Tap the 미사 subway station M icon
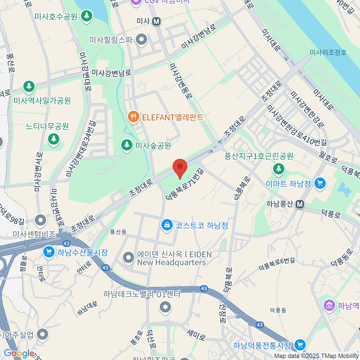156,21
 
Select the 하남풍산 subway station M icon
300,204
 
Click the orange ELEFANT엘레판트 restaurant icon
133,116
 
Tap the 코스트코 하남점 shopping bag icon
167,224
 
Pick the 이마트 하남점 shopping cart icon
320,183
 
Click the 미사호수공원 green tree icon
87,15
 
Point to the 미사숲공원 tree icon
127,145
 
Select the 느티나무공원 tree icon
54,139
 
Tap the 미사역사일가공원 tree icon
29,86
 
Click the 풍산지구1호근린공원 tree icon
278,168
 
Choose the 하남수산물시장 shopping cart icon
49,252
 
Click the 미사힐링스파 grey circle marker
141,39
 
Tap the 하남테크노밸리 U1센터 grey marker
165,307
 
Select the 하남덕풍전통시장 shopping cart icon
299,344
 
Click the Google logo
19,353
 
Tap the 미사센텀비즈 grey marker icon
40,220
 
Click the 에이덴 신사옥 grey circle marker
128,257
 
